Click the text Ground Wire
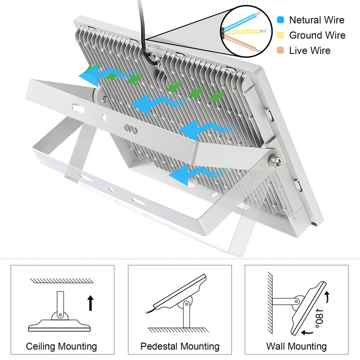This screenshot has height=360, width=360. point(317,35)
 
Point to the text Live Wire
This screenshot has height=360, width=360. point(310,50)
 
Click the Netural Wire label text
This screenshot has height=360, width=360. point(316,20)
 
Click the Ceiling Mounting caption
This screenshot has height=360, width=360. point(61,346)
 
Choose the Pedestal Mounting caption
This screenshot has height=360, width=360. point(180,346)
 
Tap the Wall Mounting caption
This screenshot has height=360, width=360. point(296,346)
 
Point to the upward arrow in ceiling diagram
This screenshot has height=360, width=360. point(90,303)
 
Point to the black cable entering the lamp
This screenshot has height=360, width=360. point(143,30)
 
